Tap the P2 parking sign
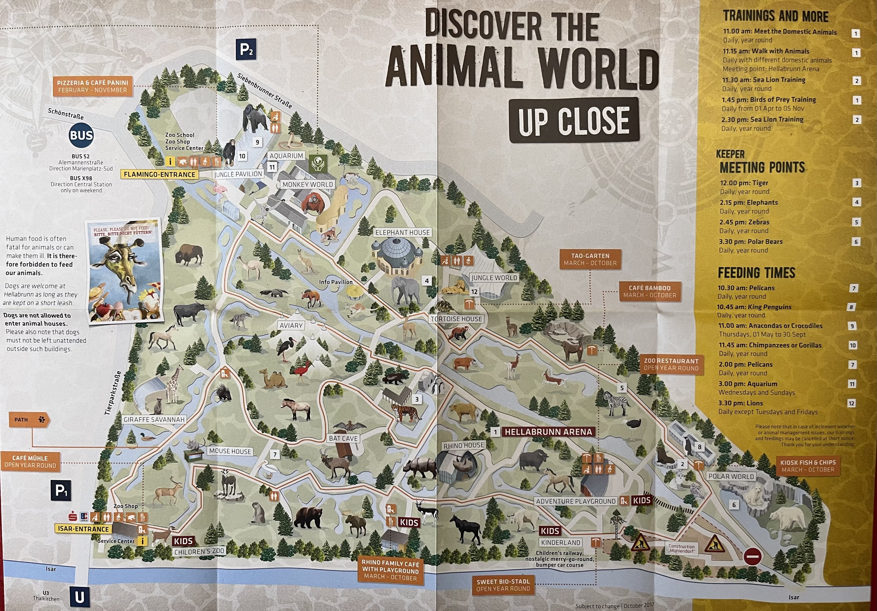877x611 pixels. pos(246,49)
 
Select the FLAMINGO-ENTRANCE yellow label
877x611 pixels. pos(159,174)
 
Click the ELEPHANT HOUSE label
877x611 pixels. pos(402,232)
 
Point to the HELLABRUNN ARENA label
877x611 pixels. pos(548,432)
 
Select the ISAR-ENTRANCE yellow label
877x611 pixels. pos(83,529)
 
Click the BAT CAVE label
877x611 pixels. pos(343,438)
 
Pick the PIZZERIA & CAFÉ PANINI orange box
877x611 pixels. pos(92,86)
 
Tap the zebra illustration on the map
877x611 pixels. pos(615,403)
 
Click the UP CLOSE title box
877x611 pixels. pos(573,121)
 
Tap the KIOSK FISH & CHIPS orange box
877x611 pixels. pos(807,466)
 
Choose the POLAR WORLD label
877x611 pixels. pos(731,476)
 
